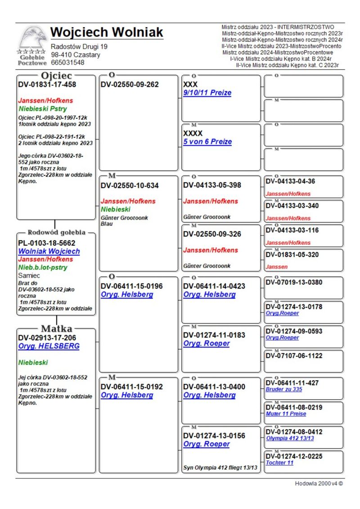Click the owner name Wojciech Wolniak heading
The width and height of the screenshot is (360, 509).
107,32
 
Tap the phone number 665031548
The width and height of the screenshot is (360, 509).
67,63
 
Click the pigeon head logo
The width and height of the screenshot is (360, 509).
32,38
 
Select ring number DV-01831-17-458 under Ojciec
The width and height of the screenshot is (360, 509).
47,84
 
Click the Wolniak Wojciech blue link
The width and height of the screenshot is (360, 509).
49,252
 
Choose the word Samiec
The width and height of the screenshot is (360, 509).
29,275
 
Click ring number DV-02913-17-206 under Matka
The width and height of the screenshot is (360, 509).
47,338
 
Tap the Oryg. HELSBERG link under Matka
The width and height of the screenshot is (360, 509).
49,346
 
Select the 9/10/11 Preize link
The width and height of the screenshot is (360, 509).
207,93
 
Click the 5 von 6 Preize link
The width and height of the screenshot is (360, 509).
207,142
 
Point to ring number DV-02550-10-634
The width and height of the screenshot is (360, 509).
130,185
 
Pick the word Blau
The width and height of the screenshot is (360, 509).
107,224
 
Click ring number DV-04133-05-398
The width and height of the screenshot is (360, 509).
212,185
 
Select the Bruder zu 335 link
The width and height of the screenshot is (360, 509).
284,389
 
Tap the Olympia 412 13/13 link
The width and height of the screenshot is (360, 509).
290,438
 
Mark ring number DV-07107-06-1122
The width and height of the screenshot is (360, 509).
294,356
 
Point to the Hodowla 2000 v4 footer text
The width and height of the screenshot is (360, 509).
319,484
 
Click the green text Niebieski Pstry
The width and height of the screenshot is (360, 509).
43,109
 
